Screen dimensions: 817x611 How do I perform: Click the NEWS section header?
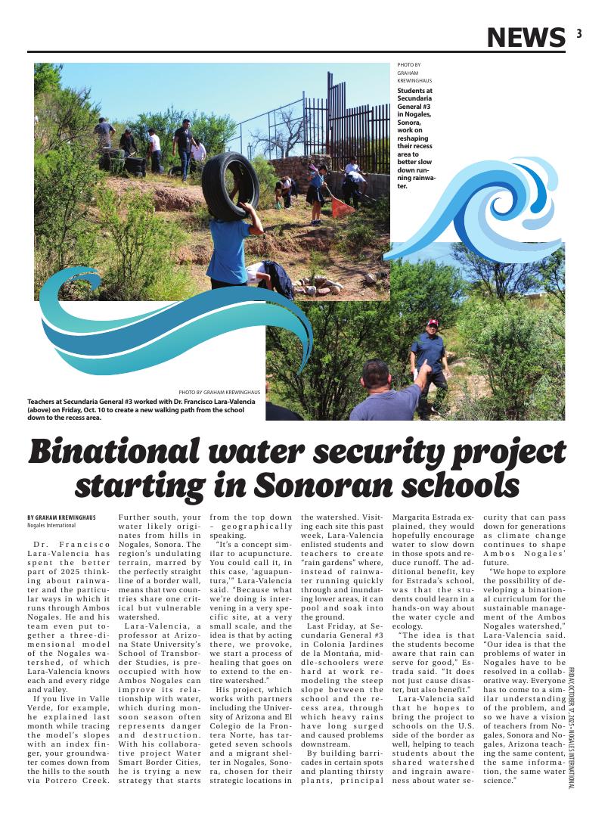[x=526, y=36]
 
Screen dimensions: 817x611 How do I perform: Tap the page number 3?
[x=578, y=33]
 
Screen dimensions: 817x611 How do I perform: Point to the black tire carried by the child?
[x=230, y=185]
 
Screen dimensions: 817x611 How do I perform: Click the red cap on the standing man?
[x=433, y=323]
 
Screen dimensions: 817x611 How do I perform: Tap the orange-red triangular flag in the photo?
[x=343, y=207]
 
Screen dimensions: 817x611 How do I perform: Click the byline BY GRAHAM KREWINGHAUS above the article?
[x=63, y=517]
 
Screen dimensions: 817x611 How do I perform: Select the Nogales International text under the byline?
[x=51, y=525]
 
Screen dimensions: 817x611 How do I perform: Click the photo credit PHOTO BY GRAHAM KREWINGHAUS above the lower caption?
[x=219, y=393]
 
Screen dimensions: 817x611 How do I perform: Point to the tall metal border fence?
[x=355, y=125]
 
